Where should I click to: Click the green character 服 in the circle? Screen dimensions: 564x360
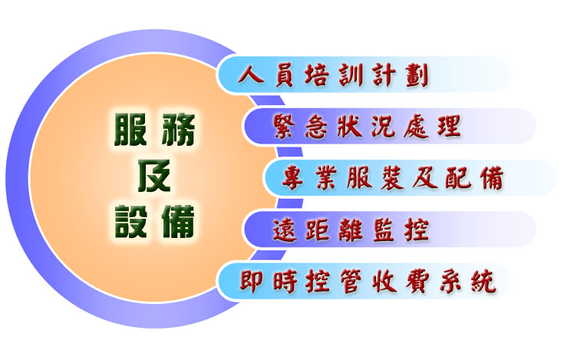point(130,130)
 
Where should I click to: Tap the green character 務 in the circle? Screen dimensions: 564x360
point(178,130)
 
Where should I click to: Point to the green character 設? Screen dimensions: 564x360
point(131,222)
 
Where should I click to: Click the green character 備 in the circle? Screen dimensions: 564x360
point(178,222)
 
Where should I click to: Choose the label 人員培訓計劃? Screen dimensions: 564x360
point(333,75)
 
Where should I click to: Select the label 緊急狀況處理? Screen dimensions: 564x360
point(367,126)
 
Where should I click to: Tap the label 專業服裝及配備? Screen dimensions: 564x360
point(392,177)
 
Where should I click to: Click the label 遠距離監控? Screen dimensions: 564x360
point(351,230)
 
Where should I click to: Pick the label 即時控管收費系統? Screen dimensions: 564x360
point(368,281)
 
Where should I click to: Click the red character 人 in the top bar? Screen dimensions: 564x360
point(250,75)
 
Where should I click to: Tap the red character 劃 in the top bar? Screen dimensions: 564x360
point(417,75)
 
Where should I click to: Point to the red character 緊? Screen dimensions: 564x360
point(284,127)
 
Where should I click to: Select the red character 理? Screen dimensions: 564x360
point(450,126)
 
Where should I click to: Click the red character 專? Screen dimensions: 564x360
point(293,178)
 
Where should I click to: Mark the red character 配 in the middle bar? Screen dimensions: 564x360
point(457,178)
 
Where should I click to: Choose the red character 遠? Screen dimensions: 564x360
point(284,230)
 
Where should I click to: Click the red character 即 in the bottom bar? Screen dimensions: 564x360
point(252,281)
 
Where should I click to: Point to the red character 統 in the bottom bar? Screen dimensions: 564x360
point(485,281)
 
